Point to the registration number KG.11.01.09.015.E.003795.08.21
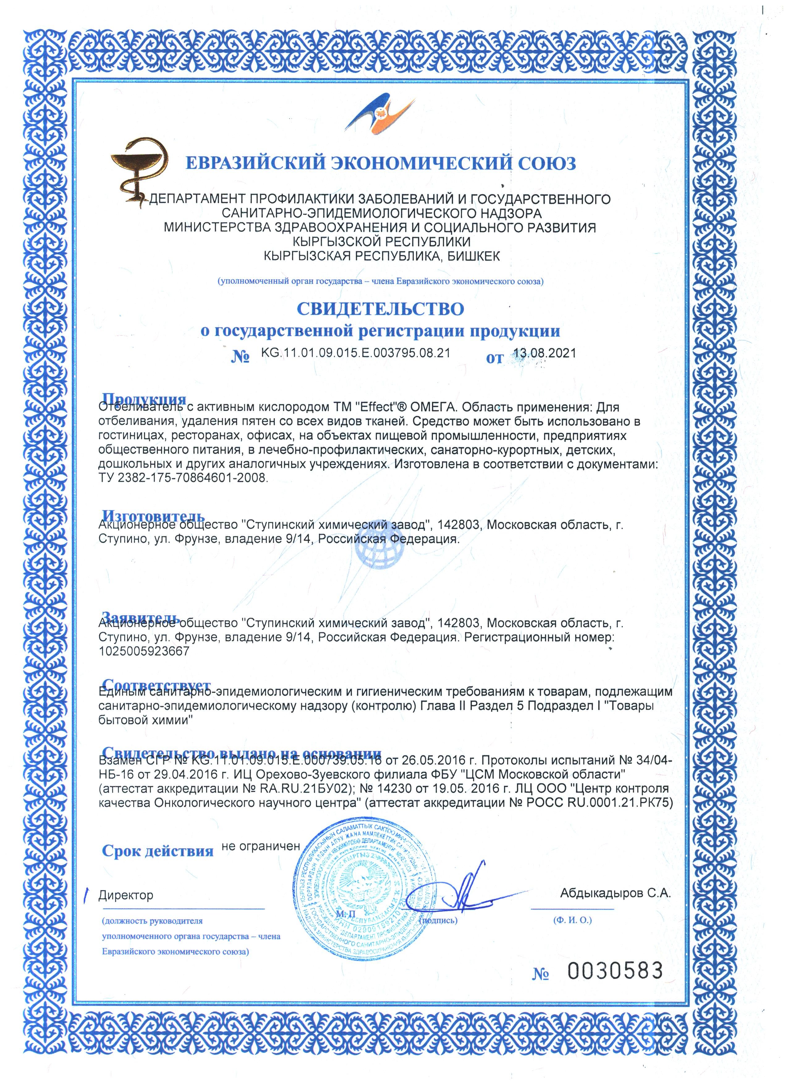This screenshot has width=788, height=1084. click(x=356, y=353)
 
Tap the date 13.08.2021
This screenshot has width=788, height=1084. click(x=544, y=353)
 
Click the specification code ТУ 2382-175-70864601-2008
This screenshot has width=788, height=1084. click(x=183, y=478)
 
